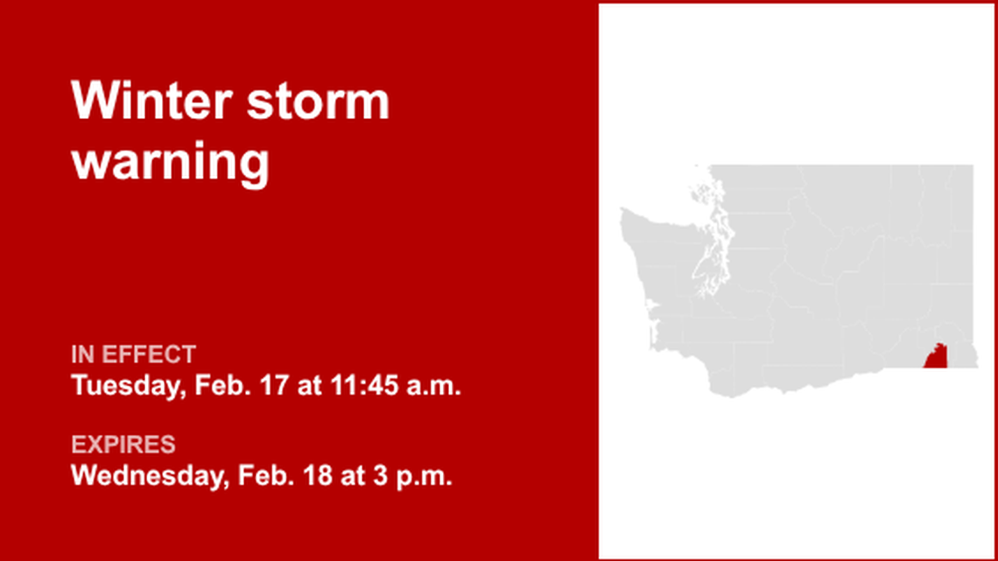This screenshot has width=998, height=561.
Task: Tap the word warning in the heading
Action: pyautogui.click(x=170, y=162)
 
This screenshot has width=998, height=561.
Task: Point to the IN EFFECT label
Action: pyautogui.click(x=133, y=354)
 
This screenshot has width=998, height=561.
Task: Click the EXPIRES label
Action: pyautogui.click(x=123, y=445)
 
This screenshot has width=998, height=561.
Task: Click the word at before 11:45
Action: pyautogui.click(x=309, y=385)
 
